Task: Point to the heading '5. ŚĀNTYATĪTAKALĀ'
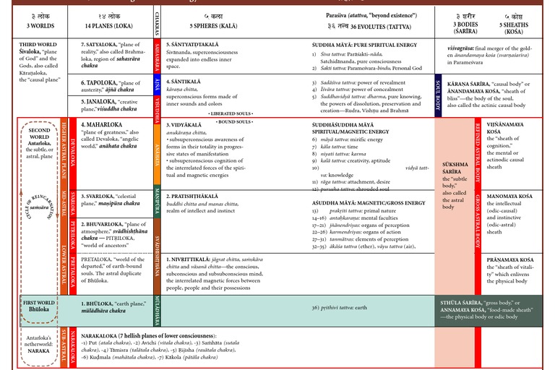point(199,45)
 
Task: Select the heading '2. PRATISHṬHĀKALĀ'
point(199,197)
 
